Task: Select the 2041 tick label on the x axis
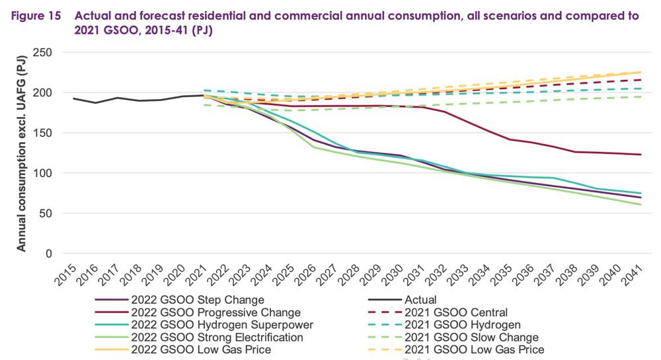(x=637, y=271)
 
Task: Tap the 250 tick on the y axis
(x=44, y=52)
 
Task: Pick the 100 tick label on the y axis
(x=44, y=173)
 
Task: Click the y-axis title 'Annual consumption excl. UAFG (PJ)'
(x=21, y=153)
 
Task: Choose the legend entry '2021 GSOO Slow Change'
(x=469, y=338)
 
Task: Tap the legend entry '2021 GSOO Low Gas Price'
(x=473, y=349)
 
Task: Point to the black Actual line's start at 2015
(x=73, y=98)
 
